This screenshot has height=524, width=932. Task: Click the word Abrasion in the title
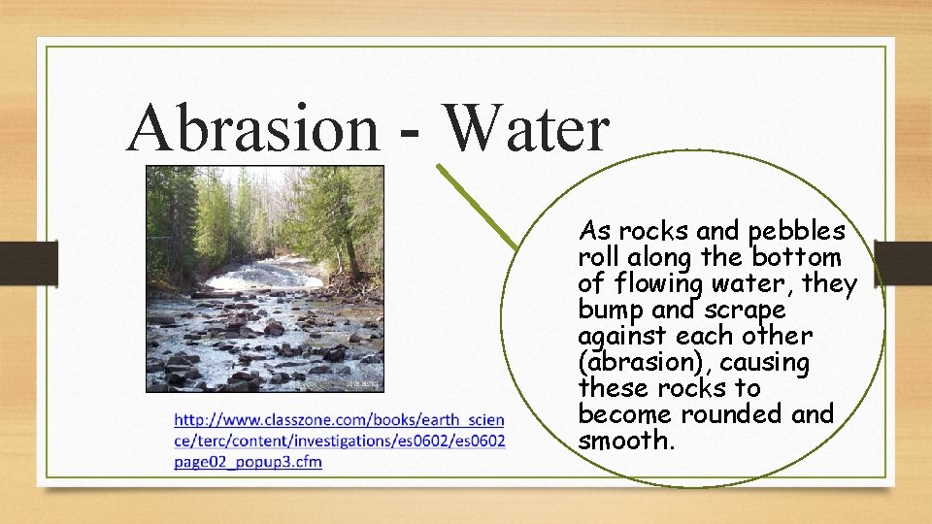[252, 129]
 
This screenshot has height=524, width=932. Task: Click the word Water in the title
[525, 129]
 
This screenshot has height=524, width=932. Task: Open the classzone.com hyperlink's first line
[339, 420]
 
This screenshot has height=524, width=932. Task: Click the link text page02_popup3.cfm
[248, 461]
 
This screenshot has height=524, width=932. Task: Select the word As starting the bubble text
[594, 232]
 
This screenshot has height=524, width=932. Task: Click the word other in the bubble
[783, 337]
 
